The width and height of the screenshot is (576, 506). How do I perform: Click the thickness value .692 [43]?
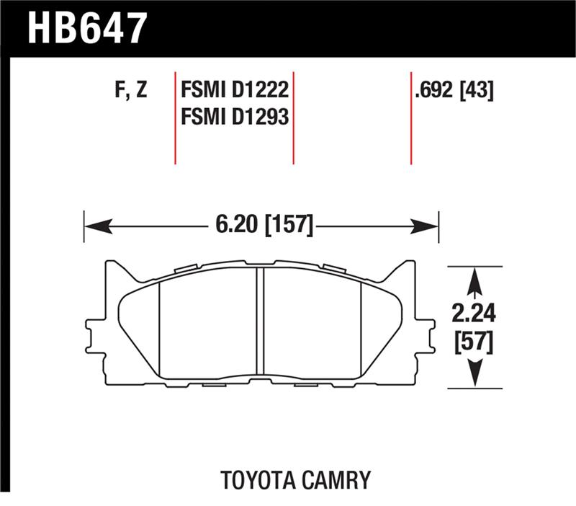click(452, 91)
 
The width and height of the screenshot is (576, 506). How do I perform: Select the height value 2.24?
click(473, 313)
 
